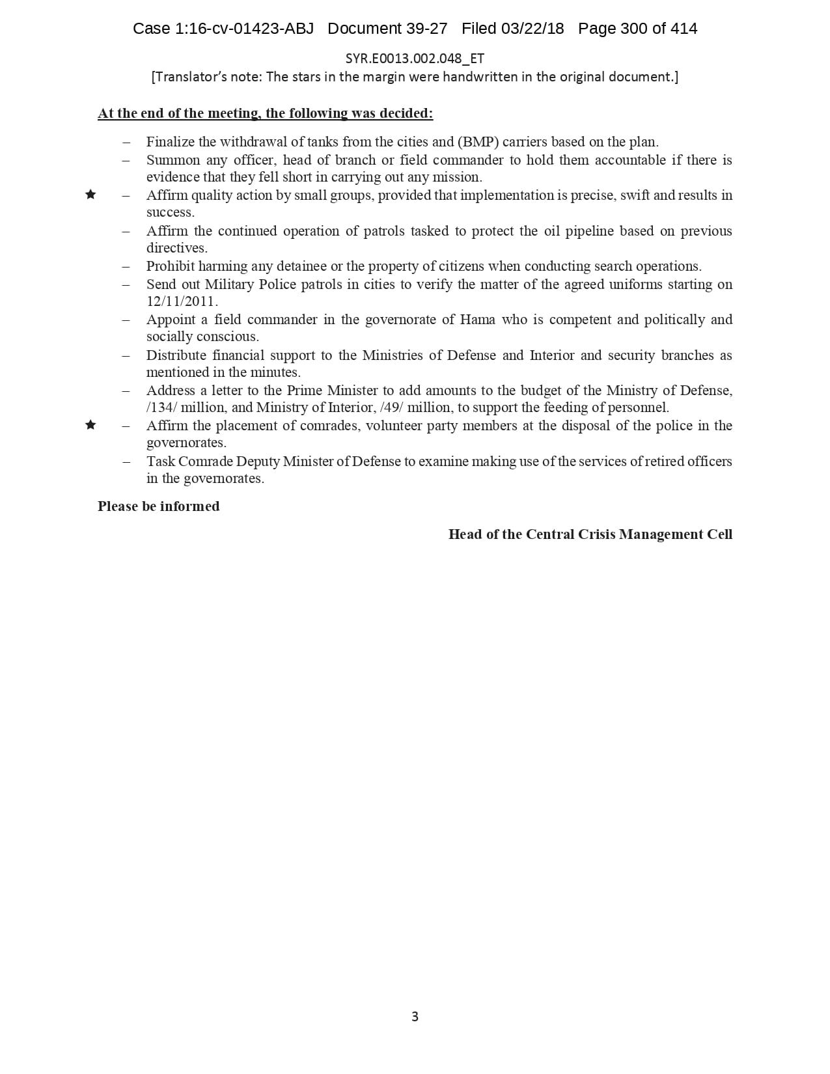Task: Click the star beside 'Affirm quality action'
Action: pos(90,195)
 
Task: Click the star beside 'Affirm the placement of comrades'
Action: pos(90,425)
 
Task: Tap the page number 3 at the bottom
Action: pos(415,1016)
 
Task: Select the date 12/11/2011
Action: pos(182,301)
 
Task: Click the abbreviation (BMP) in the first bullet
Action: pos(478,142)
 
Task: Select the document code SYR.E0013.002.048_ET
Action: pos(415,59)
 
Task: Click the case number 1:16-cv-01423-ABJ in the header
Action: pos(244,29)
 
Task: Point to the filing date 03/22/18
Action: pos(533,29)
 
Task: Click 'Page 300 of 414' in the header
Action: pos(637,29)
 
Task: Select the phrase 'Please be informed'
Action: pos(158,506)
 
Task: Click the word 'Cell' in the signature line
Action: pos(719,534)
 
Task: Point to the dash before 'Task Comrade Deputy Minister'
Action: pos(126,461)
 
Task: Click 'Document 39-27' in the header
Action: pos(387,29)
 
